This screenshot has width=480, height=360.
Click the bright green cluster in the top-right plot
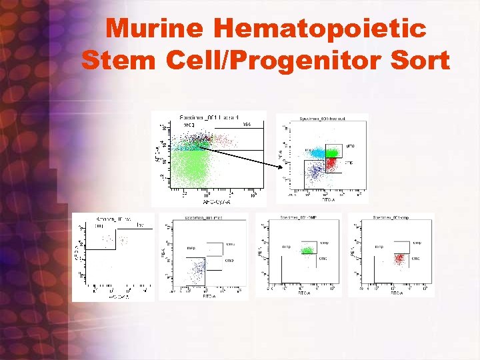pyautogui.click(x=333, y=152)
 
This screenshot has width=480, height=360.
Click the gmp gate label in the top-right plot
pyautogui.click(x=350, y=145)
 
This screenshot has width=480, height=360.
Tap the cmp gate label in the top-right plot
pyautogui.click(x=349, y=162)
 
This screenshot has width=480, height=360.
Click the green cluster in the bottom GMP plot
pyautogui.click(x=307, y=251)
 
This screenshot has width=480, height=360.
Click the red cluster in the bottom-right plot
pyautogui.click(x=400, y=258)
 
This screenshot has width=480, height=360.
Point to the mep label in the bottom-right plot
pyautogui.click(x=379, y=247)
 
